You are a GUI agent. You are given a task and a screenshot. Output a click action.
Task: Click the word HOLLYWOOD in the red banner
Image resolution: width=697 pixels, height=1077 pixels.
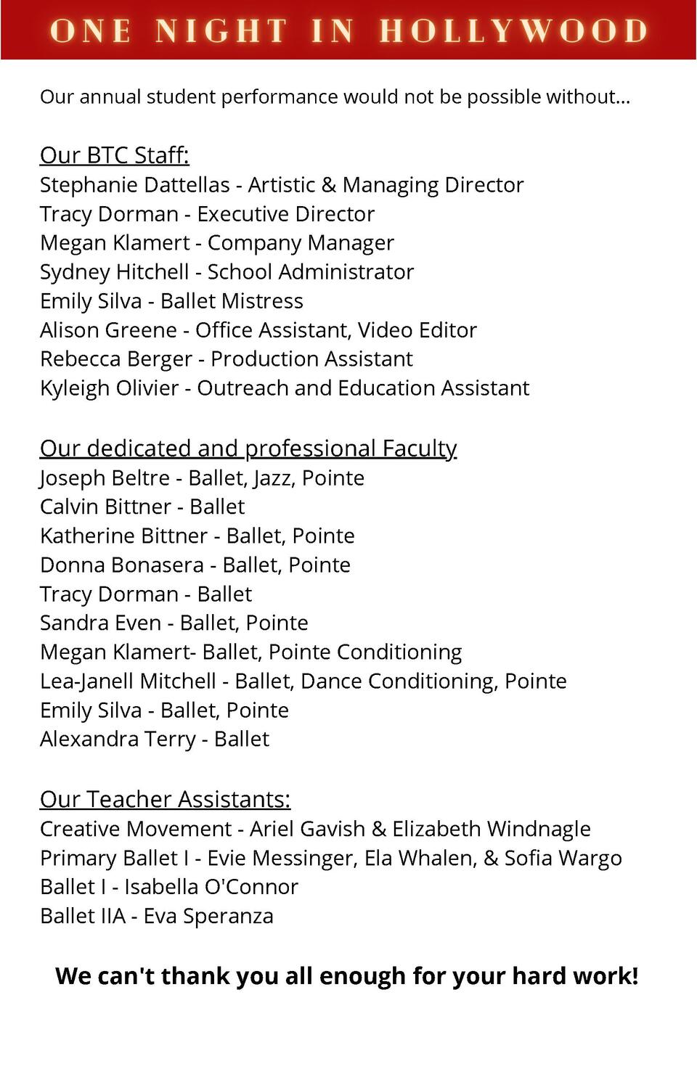coord(513,31)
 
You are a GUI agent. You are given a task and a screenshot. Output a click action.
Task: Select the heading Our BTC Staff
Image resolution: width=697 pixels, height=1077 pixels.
coord(114,155)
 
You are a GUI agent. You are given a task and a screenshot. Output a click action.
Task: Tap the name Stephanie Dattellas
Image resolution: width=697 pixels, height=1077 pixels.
coord(135,185)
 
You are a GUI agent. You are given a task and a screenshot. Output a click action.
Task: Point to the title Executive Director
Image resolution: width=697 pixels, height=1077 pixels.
coord(286,214)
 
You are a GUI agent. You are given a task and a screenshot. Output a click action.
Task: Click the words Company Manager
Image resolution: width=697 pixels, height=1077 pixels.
coord(301,243)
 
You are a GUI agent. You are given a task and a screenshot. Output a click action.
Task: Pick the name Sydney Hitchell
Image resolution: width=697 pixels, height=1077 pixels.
coord(115,272)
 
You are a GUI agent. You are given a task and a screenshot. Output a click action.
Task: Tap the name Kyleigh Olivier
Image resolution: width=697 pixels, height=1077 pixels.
coord(109,388)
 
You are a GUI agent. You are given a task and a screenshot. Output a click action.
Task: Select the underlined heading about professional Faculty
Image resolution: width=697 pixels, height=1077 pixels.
coord(248,449)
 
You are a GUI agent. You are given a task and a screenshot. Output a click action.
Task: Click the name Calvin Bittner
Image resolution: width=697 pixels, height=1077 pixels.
coord(106,507)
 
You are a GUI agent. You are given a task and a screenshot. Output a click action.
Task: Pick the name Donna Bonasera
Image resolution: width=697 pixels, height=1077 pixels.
coord(122,565)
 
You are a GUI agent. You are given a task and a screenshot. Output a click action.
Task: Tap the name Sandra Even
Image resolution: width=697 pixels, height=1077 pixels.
coord(100,623)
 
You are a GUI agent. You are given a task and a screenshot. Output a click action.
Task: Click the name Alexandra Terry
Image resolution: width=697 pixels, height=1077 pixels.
coord(118,739)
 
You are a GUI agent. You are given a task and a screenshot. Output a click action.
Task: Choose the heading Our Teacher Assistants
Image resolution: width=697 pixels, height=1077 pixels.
coord(165,799)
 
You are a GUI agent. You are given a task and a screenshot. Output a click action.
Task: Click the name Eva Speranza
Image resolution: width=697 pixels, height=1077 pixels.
coord(208,916)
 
